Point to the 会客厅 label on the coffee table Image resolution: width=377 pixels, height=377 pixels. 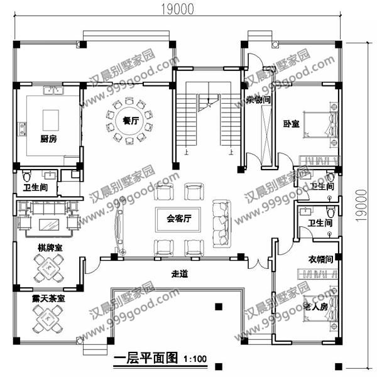tap(178, 219)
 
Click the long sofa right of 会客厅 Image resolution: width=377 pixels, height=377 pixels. tap(222, 223)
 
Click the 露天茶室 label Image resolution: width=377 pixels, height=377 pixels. tap(48, 299)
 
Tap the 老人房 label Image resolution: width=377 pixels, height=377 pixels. tap(315, 307)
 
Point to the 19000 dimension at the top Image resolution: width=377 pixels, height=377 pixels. tap(177, 8)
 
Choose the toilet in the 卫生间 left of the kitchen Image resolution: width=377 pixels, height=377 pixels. tap(26, 174)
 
